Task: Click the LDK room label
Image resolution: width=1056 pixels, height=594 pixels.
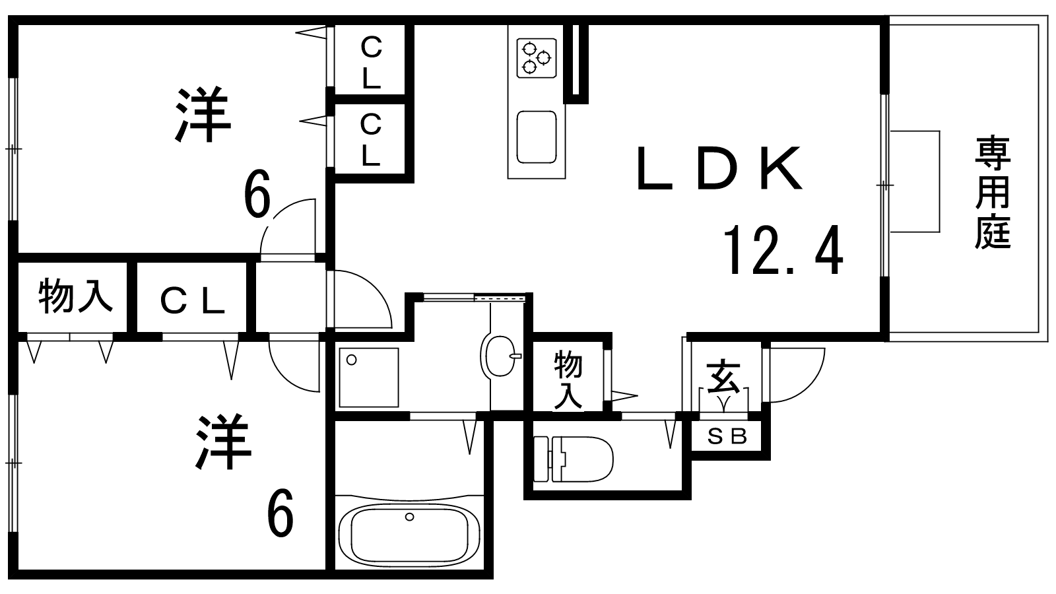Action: pyautogui.click(x=719, y=168)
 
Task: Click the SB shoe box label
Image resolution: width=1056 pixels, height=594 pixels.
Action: pyautogui.click(x=727, y=437)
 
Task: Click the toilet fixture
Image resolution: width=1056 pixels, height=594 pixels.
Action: pyautogui.click(x=574, y=459)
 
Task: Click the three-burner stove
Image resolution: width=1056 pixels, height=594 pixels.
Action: pyautogui.click(x=537, y=58)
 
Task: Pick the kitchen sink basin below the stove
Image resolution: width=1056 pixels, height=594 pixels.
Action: pyautogui.click(x=537, y=137)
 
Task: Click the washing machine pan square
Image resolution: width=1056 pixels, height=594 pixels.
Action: pyautogui.click(x=369, y=377)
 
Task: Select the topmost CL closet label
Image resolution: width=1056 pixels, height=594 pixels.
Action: pyautogui.click(x=372, y=63)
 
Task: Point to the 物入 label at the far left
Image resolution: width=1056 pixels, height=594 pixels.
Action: pyautogui.click(x=75, y=296)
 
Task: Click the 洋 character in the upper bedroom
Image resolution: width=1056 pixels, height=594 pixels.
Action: pyautogui.click(x=203, y=114)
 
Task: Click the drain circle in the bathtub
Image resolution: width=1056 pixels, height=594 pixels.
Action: pyautogui.click(x=410, y=517)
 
